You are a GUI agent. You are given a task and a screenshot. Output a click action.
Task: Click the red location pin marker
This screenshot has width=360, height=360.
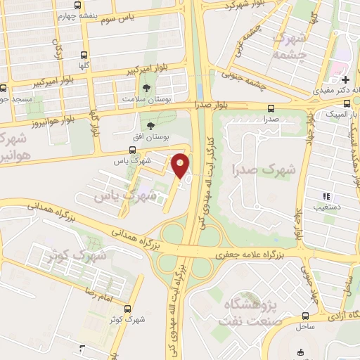coord(180,165)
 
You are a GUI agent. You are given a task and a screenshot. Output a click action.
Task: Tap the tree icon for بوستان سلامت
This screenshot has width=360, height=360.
coord(146,89)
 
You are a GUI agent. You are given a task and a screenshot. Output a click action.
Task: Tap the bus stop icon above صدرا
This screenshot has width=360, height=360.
coord(271,108)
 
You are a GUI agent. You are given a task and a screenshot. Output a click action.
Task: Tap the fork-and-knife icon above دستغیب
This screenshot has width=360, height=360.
coord(325,176)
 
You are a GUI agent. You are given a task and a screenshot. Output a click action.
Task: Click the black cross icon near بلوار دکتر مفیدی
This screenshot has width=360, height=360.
coord(346,81)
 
